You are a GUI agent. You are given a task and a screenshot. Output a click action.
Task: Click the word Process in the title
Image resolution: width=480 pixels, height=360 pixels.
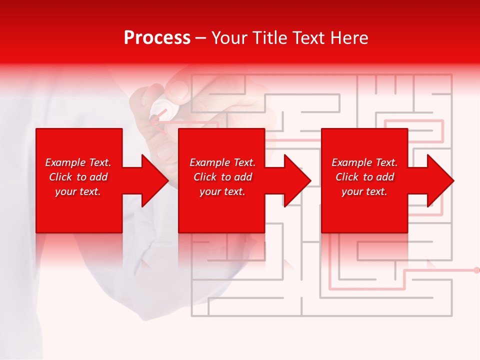[157, 38]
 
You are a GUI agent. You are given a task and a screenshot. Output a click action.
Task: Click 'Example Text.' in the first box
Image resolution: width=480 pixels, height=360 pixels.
[78, 162]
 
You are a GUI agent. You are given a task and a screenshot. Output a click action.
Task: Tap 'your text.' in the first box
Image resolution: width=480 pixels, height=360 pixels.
[78, 191]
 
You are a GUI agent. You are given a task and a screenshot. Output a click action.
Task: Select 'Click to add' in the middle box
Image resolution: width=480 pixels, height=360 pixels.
[222, 177]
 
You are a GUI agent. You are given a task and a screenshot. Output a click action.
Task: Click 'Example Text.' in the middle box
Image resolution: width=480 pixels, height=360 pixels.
[222, 162]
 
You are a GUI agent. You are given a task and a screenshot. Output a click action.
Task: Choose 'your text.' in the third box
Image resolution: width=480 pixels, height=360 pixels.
[364, 191]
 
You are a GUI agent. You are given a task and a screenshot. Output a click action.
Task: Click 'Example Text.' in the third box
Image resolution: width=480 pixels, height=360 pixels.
[364, 162]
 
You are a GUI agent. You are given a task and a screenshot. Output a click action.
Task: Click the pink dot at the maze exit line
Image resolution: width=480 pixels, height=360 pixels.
[476, 270]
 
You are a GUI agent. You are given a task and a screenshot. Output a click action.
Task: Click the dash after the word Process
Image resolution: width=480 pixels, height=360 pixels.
[201, 38]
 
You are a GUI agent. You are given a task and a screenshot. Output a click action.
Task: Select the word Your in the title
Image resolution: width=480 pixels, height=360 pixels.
[230, 38]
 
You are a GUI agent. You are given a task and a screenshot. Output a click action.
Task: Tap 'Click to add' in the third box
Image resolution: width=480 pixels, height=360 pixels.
[364, 177]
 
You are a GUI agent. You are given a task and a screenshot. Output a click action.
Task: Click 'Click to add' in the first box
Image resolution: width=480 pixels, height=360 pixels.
[78, 177]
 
